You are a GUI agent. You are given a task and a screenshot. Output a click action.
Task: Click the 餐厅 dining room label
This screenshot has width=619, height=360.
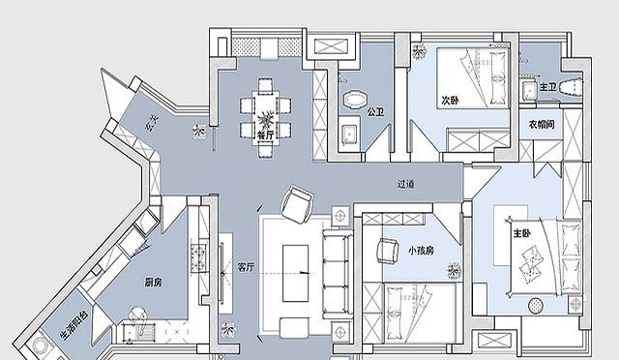(x=266, y=135)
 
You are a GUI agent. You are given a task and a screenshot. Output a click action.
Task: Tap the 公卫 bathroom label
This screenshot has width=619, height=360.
(x=375, y=112)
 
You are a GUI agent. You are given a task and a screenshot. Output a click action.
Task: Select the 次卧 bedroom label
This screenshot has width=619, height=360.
(x=450, y=100)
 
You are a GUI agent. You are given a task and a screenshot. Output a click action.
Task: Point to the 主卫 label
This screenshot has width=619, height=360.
(x=548, y=87)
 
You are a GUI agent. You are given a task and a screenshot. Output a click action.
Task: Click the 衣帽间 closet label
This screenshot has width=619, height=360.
(x=542, y=125)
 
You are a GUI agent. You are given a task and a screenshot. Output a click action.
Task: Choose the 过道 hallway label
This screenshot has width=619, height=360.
(x=406, y=184)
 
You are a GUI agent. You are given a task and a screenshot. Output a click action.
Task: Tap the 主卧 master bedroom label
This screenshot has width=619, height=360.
(x=522, y=233)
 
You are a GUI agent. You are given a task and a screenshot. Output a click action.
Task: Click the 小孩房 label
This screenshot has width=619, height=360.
(x=422, y=251)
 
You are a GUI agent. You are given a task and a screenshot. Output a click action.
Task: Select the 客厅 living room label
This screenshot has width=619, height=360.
(x=246, y=267)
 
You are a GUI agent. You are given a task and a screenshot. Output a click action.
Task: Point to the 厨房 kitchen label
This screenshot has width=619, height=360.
(x=153, y=283)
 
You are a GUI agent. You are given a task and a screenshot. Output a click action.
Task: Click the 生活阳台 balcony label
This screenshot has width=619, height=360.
(x=74, y=325)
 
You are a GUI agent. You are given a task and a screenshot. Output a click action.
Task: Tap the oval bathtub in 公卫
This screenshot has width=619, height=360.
(x=356, y=99)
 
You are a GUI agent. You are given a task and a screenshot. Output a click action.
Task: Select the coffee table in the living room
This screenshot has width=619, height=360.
(x=295, y=274)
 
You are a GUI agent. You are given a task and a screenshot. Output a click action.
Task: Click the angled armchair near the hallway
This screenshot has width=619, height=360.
(x=297, y=204)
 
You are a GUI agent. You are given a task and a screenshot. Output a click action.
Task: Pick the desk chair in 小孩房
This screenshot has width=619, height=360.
(x=388, y=250)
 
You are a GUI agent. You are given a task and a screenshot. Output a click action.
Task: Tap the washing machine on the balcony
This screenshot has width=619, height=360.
(x=39, y=345)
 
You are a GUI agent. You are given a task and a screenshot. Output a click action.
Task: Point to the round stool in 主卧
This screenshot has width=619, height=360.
(x=536, y=305)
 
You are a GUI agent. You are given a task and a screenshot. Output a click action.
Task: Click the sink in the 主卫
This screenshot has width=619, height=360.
(x=528, y=91)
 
